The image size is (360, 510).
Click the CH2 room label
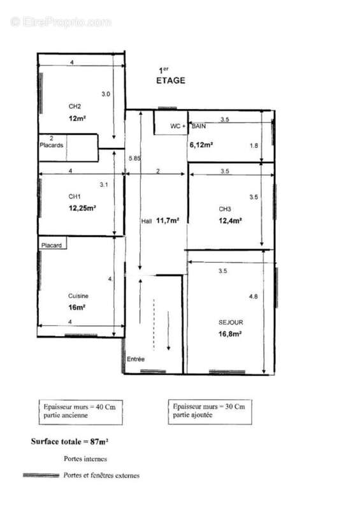(75, 106)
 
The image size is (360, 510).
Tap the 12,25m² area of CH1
(82, 208)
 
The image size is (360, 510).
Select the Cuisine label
(78, 296)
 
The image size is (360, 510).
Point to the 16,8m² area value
(229, 333)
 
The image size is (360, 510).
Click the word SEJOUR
(231, 323)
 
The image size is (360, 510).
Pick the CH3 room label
(225, 209)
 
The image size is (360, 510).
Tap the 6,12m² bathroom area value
(201, 145)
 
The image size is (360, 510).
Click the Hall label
(147, 221)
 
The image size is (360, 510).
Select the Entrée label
(136, 359)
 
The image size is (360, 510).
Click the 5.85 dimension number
(134, 158)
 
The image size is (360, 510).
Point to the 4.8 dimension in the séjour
(254, 296)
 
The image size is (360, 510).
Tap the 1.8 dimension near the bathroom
(254, 146)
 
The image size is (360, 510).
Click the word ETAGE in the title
(171, 80)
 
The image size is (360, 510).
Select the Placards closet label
(52, 145)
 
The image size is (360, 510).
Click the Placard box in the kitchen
(53, 244)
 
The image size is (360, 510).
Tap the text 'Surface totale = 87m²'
(69, 441)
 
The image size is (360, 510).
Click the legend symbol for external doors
(41, 475)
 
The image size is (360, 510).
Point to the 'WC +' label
(178, 126)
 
